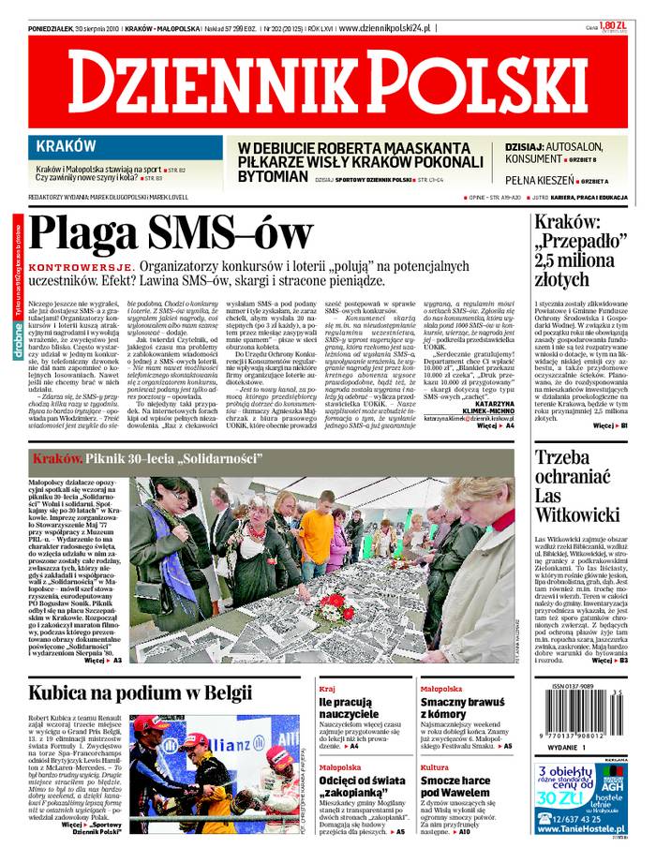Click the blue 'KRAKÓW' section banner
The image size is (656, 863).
coord(66,146)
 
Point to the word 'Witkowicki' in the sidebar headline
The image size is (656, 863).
coord(576,514)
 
